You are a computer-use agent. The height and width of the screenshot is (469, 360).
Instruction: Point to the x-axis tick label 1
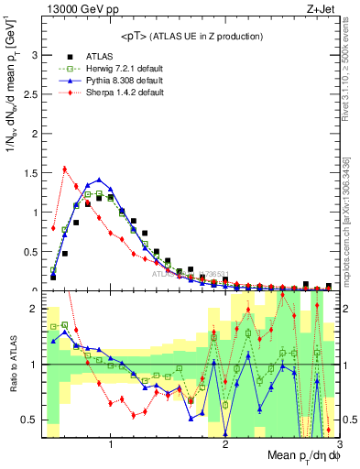click(x=111, y=446)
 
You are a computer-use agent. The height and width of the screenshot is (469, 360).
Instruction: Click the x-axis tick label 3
click(x=339, y=446)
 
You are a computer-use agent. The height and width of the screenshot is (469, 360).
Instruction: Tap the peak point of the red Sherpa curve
click(x=64, y=169)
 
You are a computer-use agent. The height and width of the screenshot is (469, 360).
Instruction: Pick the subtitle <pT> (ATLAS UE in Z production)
click(x=191, y=37)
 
